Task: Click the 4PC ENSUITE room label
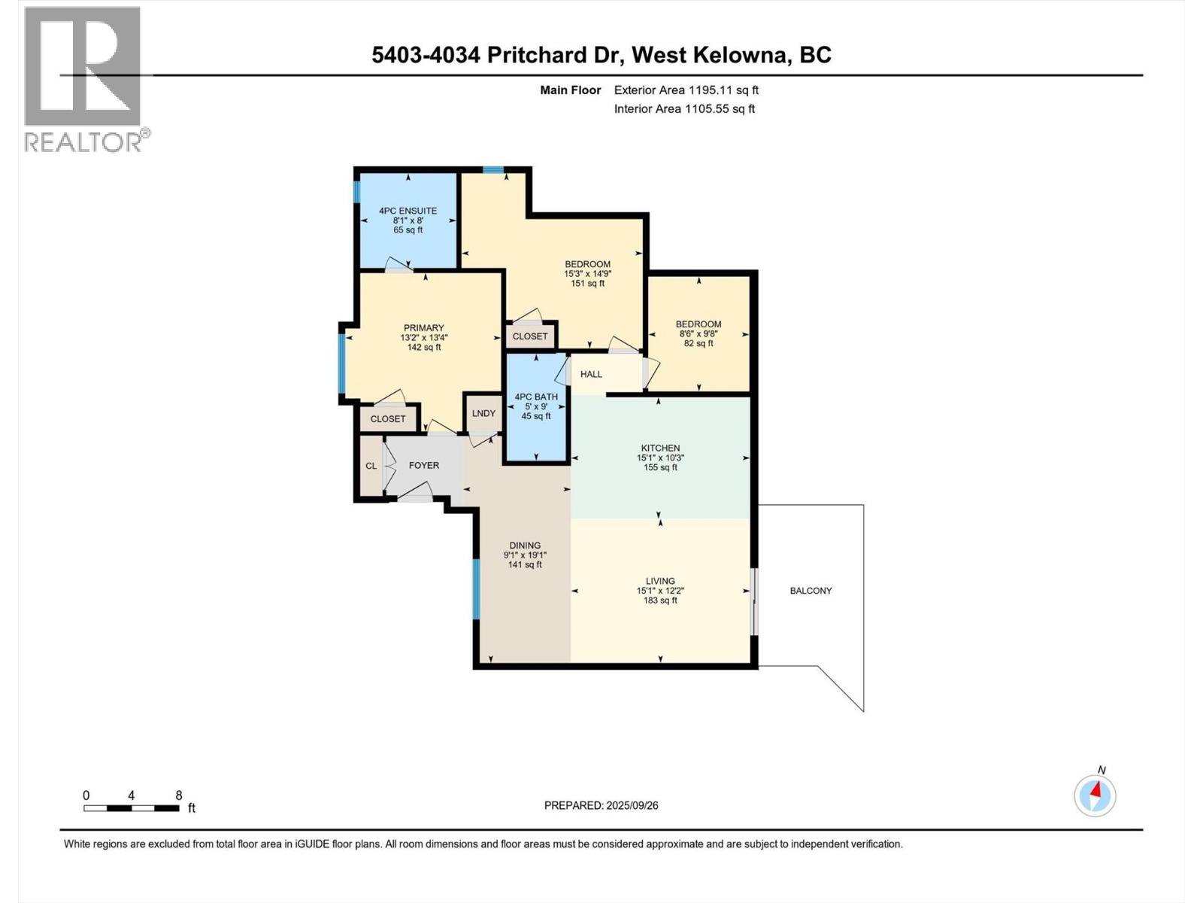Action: [x=408, y=211]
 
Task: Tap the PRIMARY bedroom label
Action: [x=423, y=328]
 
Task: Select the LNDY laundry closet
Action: [x=483, y=413]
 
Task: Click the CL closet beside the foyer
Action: [x=371, y=466]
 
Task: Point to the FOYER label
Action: [x=423, y=466]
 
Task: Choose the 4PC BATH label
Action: [x=535, y=397]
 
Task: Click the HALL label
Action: [x=591, y=374]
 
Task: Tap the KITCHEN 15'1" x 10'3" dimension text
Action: [x=660, y=458]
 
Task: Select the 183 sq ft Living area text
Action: [x=660, y=600]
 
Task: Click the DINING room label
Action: [x=525, y=546]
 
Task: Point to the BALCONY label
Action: [x=811, y=591]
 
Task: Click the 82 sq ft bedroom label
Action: [x=698, y=343]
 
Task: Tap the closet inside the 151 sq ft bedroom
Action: [x=530, y=336]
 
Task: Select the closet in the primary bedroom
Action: [x=388, y=419]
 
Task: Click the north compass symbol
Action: [x=1095, y=795]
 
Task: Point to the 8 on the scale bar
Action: [x=179, y=795]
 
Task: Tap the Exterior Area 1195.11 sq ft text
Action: [x=686, y=90]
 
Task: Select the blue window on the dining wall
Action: [x=476, y=588]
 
